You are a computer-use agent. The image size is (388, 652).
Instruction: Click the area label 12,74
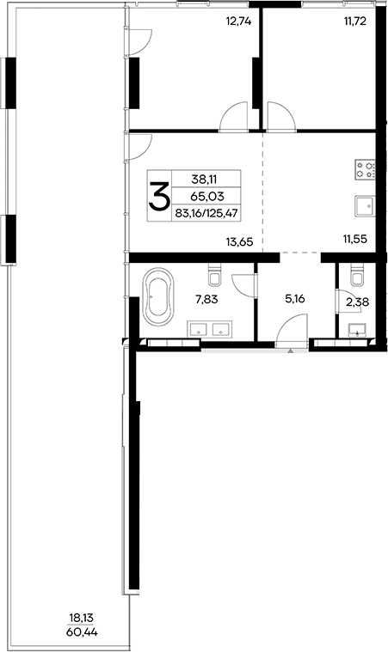[239, 23]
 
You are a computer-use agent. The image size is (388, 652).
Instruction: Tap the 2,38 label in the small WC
[355, 302]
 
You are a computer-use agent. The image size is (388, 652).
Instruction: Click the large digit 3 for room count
[159, 198]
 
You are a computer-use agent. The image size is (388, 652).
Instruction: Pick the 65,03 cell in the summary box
[206, 197]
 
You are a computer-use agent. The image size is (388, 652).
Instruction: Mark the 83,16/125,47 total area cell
[206, 214]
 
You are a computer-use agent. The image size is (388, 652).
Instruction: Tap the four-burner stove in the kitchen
[364, 170]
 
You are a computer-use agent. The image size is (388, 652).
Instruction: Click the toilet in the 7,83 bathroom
[216, 277]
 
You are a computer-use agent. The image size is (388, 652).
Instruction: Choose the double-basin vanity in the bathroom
[211, 328]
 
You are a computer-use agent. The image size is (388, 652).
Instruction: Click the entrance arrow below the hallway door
[292, 350]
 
